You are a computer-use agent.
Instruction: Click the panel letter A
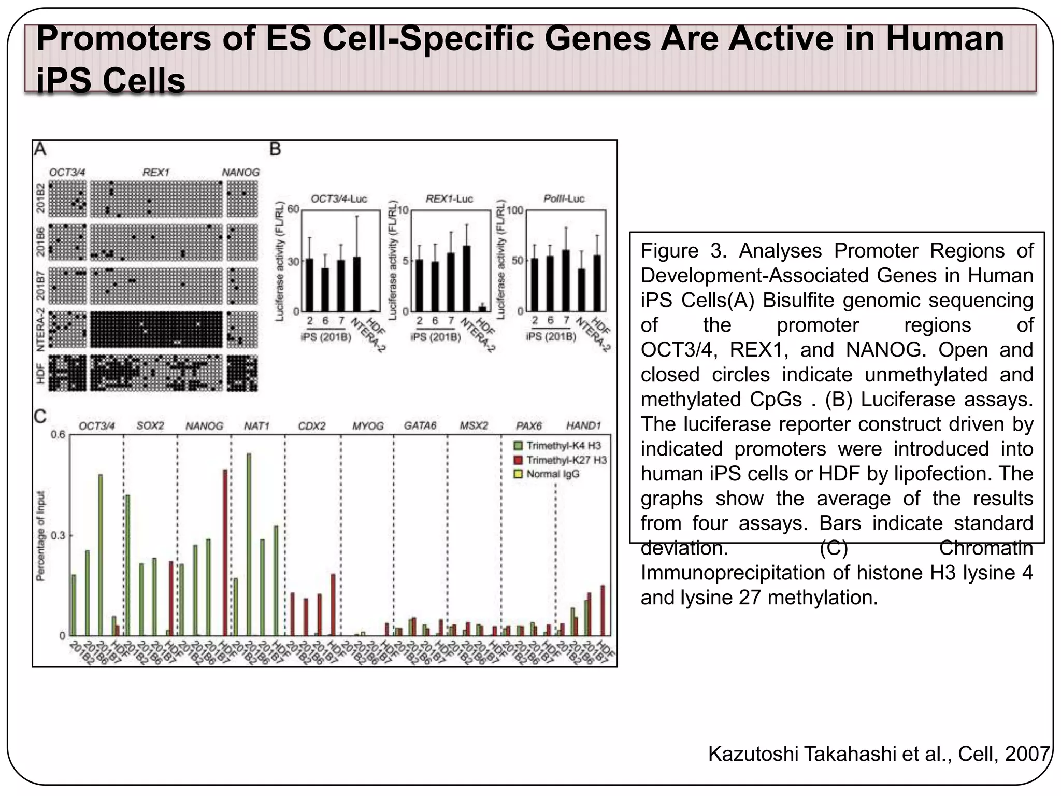coord(40,149)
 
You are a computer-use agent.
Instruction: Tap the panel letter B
coord(275,149)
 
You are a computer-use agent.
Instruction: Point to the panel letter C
coord(40,416)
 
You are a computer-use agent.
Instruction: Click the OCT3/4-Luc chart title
coord(339,198)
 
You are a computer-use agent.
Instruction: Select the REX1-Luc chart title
coord(449,198)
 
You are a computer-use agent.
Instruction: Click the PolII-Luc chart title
coord(564,198)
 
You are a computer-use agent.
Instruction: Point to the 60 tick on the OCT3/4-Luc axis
coord(293,209)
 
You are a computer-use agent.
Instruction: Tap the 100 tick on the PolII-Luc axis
coord(515,210)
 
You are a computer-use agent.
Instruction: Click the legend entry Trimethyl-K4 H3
coord(563,446)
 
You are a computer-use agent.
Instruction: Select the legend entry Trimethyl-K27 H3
coord(566,460)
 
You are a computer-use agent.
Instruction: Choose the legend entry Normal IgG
coord(552,474)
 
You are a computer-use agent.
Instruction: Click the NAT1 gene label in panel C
coord(257,426)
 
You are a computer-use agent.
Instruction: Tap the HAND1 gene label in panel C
coord(583,426)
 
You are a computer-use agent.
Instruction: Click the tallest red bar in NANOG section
coord(225,552)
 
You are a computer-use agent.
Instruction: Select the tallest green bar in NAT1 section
coord(249,544)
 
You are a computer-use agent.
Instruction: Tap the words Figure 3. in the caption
coord(683,251)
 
